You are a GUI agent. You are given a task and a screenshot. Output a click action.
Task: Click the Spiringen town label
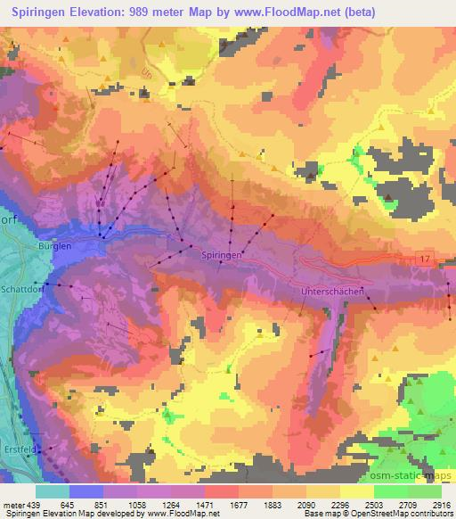tap(222, 254)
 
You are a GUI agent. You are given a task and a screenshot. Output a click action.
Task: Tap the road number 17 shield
tap(425, 258)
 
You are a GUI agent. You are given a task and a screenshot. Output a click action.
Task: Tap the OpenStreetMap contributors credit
tap(400, 514)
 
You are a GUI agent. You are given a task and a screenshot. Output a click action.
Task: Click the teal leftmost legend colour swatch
tap(53, 491)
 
